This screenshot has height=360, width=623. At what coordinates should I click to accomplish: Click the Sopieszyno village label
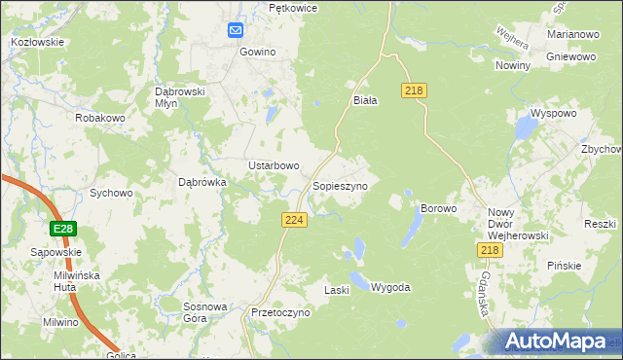340,185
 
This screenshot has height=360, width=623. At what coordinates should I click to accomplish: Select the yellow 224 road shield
296,221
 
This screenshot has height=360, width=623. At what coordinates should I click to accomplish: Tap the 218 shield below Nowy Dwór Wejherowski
490,250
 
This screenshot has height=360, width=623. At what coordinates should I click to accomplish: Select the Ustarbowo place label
274,165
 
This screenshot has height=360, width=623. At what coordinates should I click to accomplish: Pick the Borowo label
438,208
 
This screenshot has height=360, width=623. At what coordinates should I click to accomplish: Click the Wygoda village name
390,288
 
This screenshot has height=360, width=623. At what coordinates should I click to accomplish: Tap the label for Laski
337,290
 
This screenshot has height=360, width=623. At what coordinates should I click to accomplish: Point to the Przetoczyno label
279,313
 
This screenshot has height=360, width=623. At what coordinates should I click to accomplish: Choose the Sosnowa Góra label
205,311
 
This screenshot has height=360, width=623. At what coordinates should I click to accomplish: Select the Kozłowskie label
37,42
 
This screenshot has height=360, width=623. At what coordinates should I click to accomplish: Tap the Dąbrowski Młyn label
178,97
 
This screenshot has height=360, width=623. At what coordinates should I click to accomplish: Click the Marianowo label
571,34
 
